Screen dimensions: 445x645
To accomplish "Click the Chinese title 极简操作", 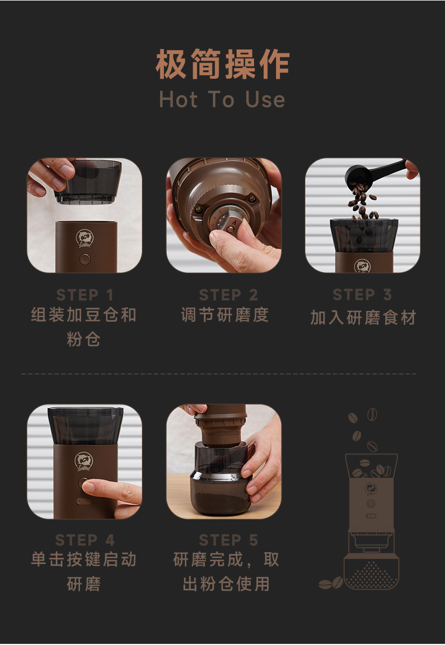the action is [222, 64].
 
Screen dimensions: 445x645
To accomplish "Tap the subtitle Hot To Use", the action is [222, 100].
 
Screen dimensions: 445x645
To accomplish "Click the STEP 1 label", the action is [84, 295].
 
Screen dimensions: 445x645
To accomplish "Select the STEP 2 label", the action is [228, 295].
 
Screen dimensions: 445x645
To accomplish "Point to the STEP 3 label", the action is [362, 294].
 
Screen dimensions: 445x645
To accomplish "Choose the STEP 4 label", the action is [85, 540].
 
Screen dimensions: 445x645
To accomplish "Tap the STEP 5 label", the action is [228, 540].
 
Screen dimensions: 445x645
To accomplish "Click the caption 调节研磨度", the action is [225, 315].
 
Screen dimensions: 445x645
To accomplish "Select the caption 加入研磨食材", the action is [363, 318].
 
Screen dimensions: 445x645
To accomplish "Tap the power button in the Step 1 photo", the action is [85, 260].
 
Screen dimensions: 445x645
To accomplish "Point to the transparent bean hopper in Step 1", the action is [88, 182].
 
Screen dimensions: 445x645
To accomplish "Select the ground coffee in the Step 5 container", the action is [220, 498].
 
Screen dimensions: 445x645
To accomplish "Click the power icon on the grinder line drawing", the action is [371, 503].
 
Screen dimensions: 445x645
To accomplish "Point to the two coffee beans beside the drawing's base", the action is [331, 583].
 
